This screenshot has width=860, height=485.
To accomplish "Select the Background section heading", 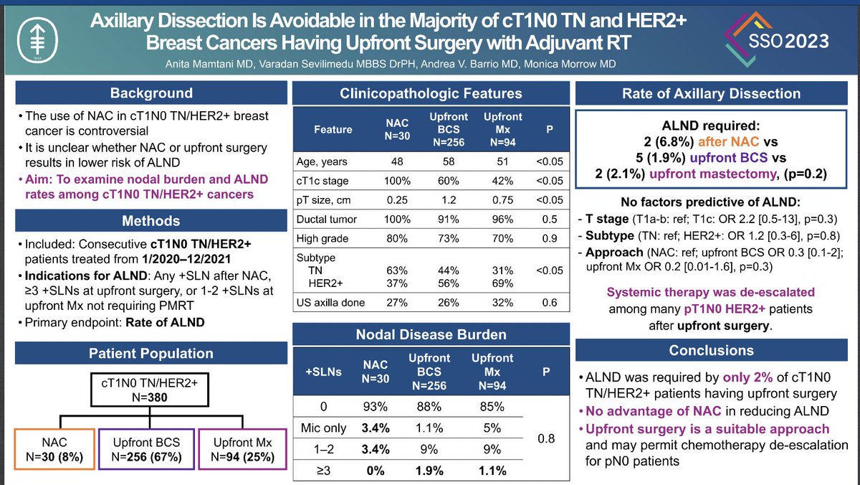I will point(150,93).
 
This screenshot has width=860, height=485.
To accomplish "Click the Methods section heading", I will point(150,220).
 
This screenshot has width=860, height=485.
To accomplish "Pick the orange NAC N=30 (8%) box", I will point(54,447).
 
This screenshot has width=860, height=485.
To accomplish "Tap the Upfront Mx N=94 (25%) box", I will point(239,447).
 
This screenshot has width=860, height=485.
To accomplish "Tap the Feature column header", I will point(333,130).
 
